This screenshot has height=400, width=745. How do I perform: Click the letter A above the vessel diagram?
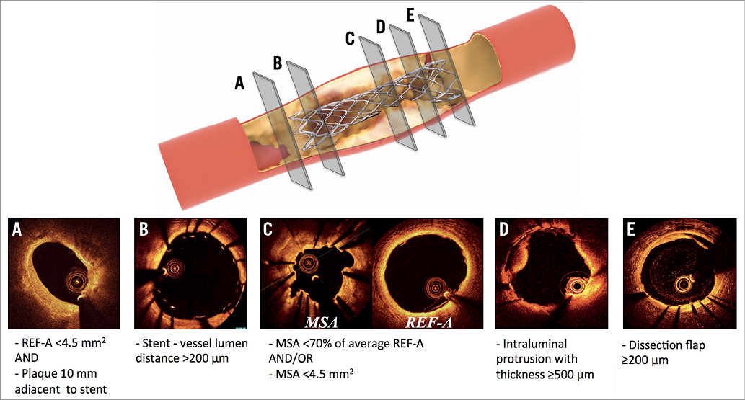pos(240,84)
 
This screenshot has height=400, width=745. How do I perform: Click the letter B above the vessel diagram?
pos(277,62)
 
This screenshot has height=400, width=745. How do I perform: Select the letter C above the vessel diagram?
pos(351,38)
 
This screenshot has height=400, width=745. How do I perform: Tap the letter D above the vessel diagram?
pos(381,27)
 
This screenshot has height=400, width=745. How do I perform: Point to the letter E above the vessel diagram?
pos(410,15)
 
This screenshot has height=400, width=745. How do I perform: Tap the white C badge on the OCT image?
pos(268,231)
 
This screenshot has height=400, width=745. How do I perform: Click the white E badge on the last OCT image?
pos(632,231)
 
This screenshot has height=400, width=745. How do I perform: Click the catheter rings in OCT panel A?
pos(74,280)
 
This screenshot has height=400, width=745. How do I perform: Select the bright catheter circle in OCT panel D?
pos(578,286)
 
